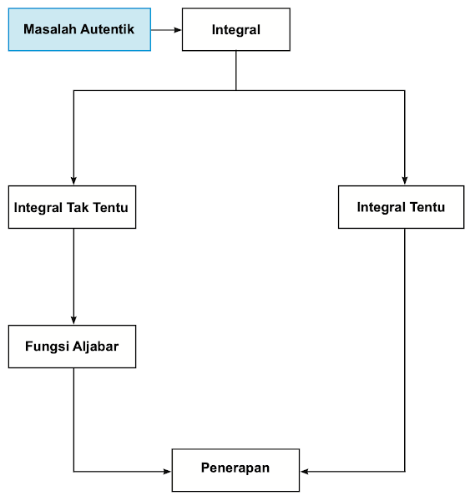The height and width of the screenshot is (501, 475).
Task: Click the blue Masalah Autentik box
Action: (79, 29)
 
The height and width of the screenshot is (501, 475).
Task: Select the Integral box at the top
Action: (236, 30)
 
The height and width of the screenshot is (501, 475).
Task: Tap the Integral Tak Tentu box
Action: (72, 207)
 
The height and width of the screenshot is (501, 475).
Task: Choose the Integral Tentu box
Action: (401, 207)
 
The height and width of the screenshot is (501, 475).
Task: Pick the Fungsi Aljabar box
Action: (72, 347)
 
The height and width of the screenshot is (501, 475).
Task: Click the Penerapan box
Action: (235, 469)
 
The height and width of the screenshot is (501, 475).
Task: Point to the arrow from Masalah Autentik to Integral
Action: (166, 30)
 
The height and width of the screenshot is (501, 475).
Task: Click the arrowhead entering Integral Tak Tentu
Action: (73, 180)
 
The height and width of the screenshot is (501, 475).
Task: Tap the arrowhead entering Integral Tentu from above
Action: (405, 180)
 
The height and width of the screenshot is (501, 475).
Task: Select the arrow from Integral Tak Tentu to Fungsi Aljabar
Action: (73, 276)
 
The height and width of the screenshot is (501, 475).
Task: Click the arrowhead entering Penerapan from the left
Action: (167, 472)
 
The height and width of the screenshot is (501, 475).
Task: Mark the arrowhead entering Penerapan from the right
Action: (305, 472)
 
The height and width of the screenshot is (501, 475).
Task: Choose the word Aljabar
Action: (94, 347)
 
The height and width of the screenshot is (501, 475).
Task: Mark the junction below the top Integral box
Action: (236, 90)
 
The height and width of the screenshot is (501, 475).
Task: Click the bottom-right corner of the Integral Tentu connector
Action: (405, 472)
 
